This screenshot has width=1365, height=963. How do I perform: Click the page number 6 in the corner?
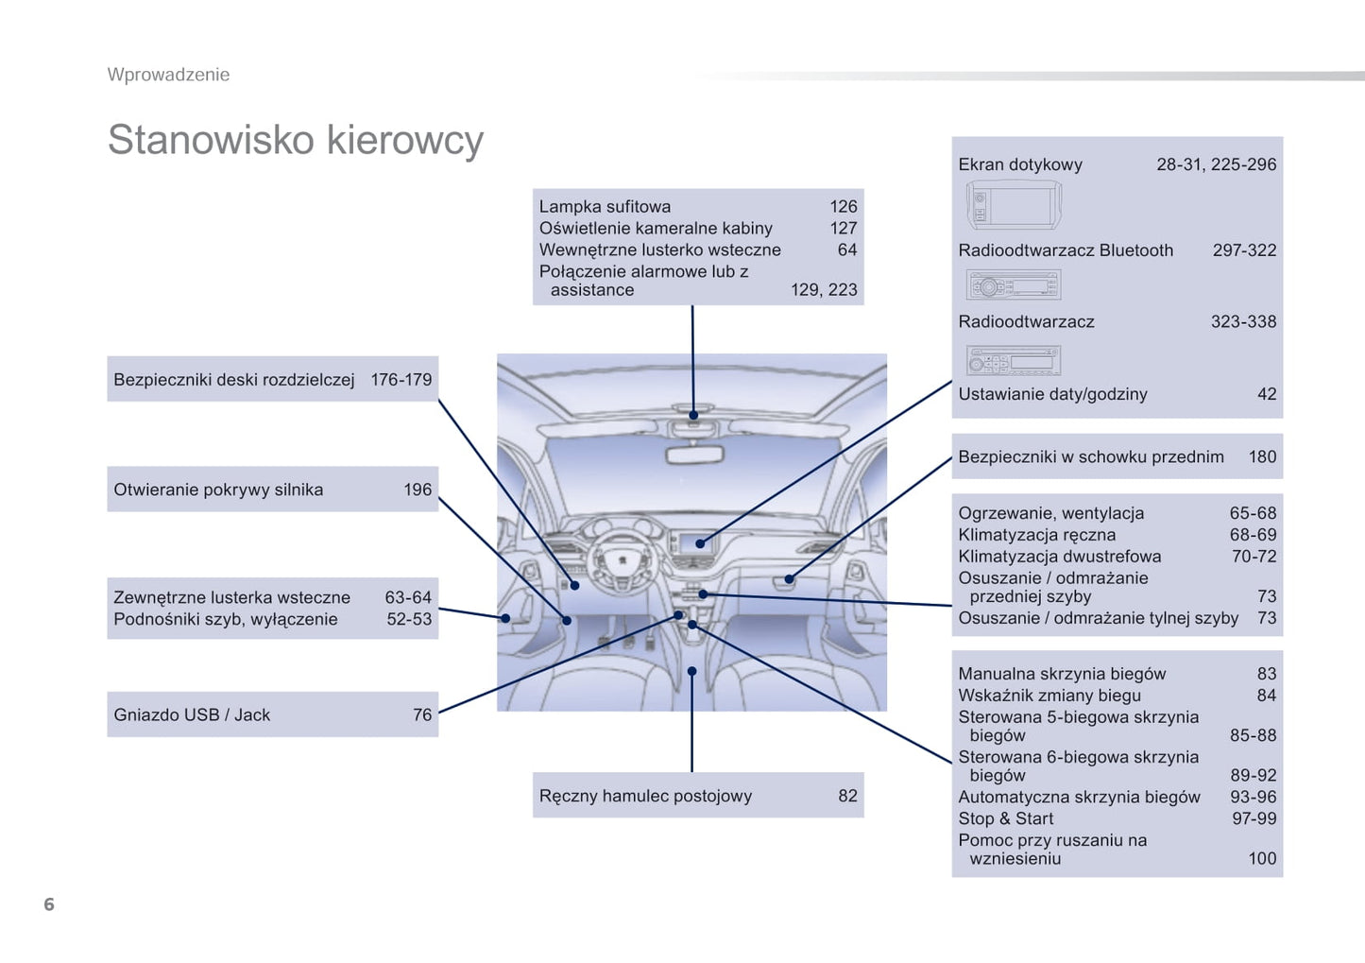[49, 904]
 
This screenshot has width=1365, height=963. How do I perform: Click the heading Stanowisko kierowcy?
[295, 140]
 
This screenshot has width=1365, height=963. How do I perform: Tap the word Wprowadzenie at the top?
[168, 75]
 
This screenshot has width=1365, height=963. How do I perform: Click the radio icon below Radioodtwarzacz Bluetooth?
[1014, 284]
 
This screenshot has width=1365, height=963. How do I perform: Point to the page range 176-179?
[401, 380]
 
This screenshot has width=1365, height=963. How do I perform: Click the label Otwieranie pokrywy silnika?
[218, 490]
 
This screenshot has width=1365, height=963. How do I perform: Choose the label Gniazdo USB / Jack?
[192, 715]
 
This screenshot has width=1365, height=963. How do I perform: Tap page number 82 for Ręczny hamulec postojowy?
[847, 796]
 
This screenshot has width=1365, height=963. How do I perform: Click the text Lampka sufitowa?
[605, 207]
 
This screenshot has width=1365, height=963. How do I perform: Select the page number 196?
[418, 490]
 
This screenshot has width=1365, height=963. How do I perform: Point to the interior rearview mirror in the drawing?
[694, 456]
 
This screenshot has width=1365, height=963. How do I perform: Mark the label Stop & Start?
[1005, 819]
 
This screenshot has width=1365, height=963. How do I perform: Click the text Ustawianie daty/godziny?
[1052, 394]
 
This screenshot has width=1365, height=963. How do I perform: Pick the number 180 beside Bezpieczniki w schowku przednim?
[1262, 457]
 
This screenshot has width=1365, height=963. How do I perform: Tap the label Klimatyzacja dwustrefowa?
[1059, 557]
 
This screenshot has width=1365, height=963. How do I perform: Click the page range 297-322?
[1244, 250]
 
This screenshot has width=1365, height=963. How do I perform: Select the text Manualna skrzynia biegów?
[1062, 674]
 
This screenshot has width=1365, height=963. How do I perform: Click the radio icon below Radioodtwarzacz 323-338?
[1014, 360]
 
